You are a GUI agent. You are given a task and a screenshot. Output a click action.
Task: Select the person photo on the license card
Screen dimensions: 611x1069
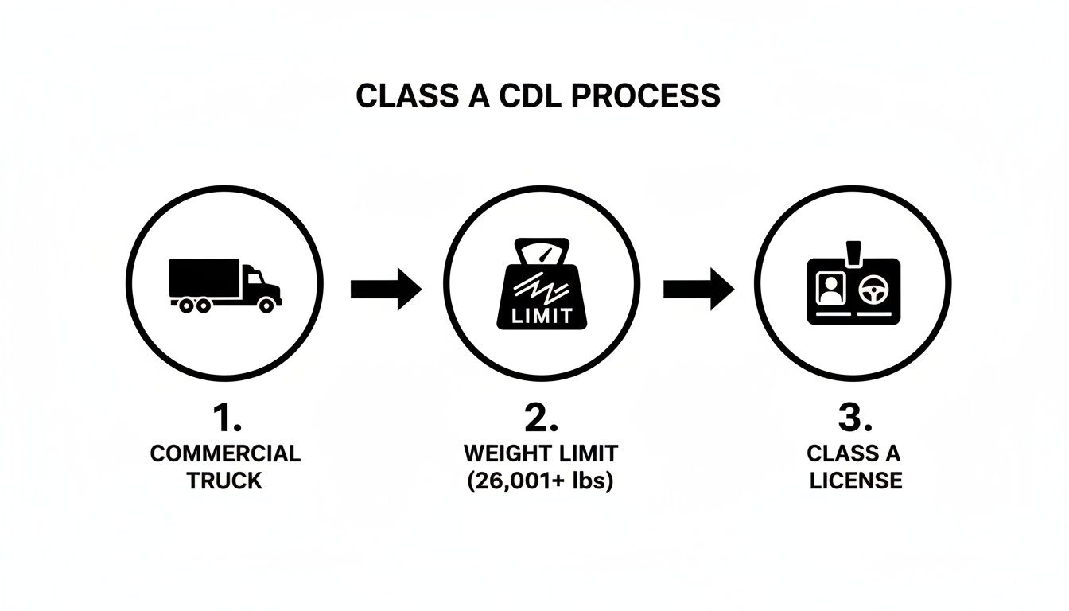point(830,286)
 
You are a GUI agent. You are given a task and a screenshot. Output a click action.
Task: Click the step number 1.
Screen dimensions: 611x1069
point(225,418)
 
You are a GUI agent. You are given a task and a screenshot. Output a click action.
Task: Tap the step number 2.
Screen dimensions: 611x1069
point(541,418)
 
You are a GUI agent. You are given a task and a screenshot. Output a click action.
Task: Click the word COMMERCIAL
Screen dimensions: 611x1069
point(225,454)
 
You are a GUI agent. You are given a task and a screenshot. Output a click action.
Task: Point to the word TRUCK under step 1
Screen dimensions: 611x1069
point(225,481)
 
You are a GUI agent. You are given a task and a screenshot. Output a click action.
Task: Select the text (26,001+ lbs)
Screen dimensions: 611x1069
point(541,481)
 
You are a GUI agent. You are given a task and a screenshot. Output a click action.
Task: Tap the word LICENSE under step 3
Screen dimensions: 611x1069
point(855,481)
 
